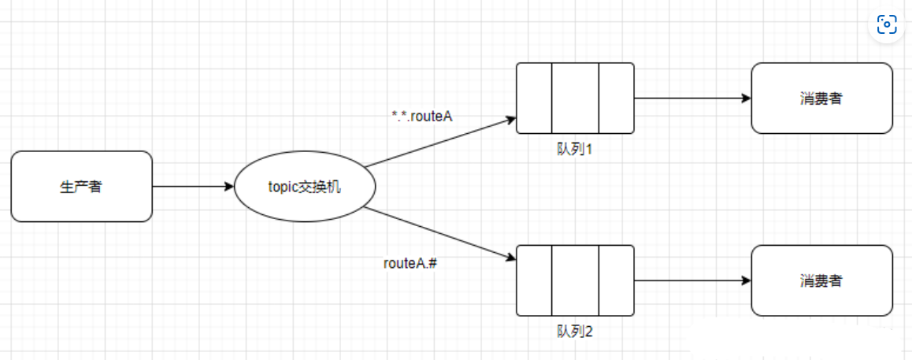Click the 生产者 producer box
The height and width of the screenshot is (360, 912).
(81, 187)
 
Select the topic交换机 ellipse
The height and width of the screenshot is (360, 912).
(305, 187)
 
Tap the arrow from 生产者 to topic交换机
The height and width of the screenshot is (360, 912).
(193, 187)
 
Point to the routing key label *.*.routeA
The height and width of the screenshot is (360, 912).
(422, 117)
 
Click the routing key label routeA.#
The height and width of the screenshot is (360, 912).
(410, 263)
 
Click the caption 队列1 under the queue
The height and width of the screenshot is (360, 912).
(574, 149)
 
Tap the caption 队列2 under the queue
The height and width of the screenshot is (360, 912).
(574, 332)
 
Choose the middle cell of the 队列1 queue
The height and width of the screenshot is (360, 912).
(575, 98)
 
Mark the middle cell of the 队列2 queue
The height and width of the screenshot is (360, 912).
(575, 280)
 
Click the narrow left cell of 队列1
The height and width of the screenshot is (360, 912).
(534, 98)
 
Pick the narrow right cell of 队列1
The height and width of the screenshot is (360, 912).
(617, 98)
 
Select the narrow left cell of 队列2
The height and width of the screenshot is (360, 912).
(534, 280)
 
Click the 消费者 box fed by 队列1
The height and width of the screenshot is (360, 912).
(821, 98)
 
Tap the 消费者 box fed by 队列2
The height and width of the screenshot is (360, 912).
(821, 280)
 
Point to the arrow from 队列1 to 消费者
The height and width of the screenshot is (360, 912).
(691, 98)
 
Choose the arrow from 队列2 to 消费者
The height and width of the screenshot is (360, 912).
(691, 280)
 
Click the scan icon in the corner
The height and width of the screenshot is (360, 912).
(888, 24)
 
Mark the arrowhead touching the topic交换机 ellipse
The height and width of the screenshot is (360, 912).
(230, 187)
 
